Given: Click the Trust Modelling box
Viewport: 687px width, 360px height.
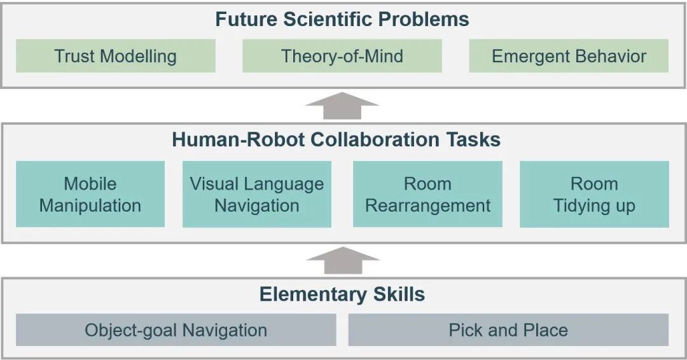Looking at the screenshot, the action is [115, 56].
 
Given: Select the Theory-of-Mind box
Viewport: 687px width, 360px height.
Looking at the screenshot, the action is [342, 56].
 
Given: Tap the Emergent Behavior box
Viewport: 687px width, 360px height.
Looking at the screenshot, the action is [569, 56].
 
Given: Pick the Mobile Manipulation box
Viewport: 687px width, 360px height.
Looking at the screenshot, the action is [90, 194].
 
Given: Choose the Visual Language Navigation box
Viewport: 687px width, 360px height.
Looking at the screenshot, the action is [257, 194].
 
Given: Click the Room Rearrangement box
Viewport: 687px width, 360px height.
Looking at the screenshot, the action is [427, 194].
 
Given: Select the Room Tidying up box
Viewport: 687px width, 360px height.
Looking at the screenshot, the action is [594, 194].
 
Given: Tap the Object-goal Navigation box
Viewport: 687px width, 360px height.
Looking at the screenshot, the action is [176, 330].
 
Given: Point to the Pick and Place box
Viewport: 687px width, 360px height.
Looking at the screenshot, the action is [508, 330].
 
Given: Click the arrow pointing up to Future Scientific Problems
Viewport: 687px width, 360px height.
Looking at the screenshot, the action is [342, 106].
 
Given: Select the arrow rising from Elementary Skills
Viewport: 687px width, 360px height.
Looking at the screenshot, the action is [342, 260].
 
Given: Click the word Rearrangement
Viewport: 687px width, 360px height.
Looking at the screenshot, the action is [427, 206].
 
